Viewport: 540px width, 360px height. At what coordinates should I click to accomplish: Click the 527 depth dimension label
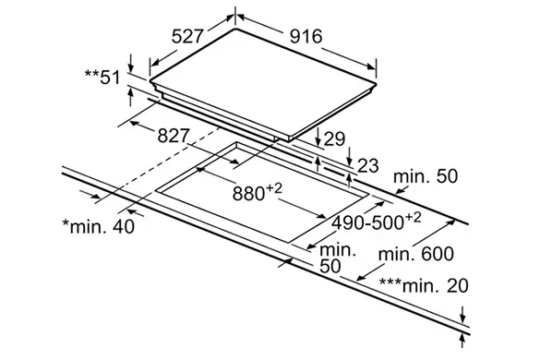187,36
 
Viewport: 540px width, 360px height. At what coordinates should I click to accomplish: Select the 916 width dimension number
306,36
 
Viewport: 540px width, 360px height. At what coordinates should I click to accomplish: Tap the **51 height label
102,78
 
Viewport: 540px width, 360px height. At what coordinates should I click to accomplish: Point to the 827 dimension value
174,136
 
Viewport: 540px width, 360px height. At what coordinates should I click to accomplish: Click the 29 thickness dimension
334,138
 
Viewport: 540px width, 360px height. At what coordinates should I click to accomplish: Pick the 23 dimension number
368,166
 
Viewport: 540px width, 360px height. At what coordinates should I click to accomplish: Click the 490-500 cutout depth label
376,222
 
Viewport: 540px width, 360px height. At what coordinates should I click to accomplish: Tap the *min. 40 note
99,226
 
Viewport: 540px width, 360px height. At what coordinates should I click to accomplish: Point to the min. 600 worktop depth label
416,254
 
